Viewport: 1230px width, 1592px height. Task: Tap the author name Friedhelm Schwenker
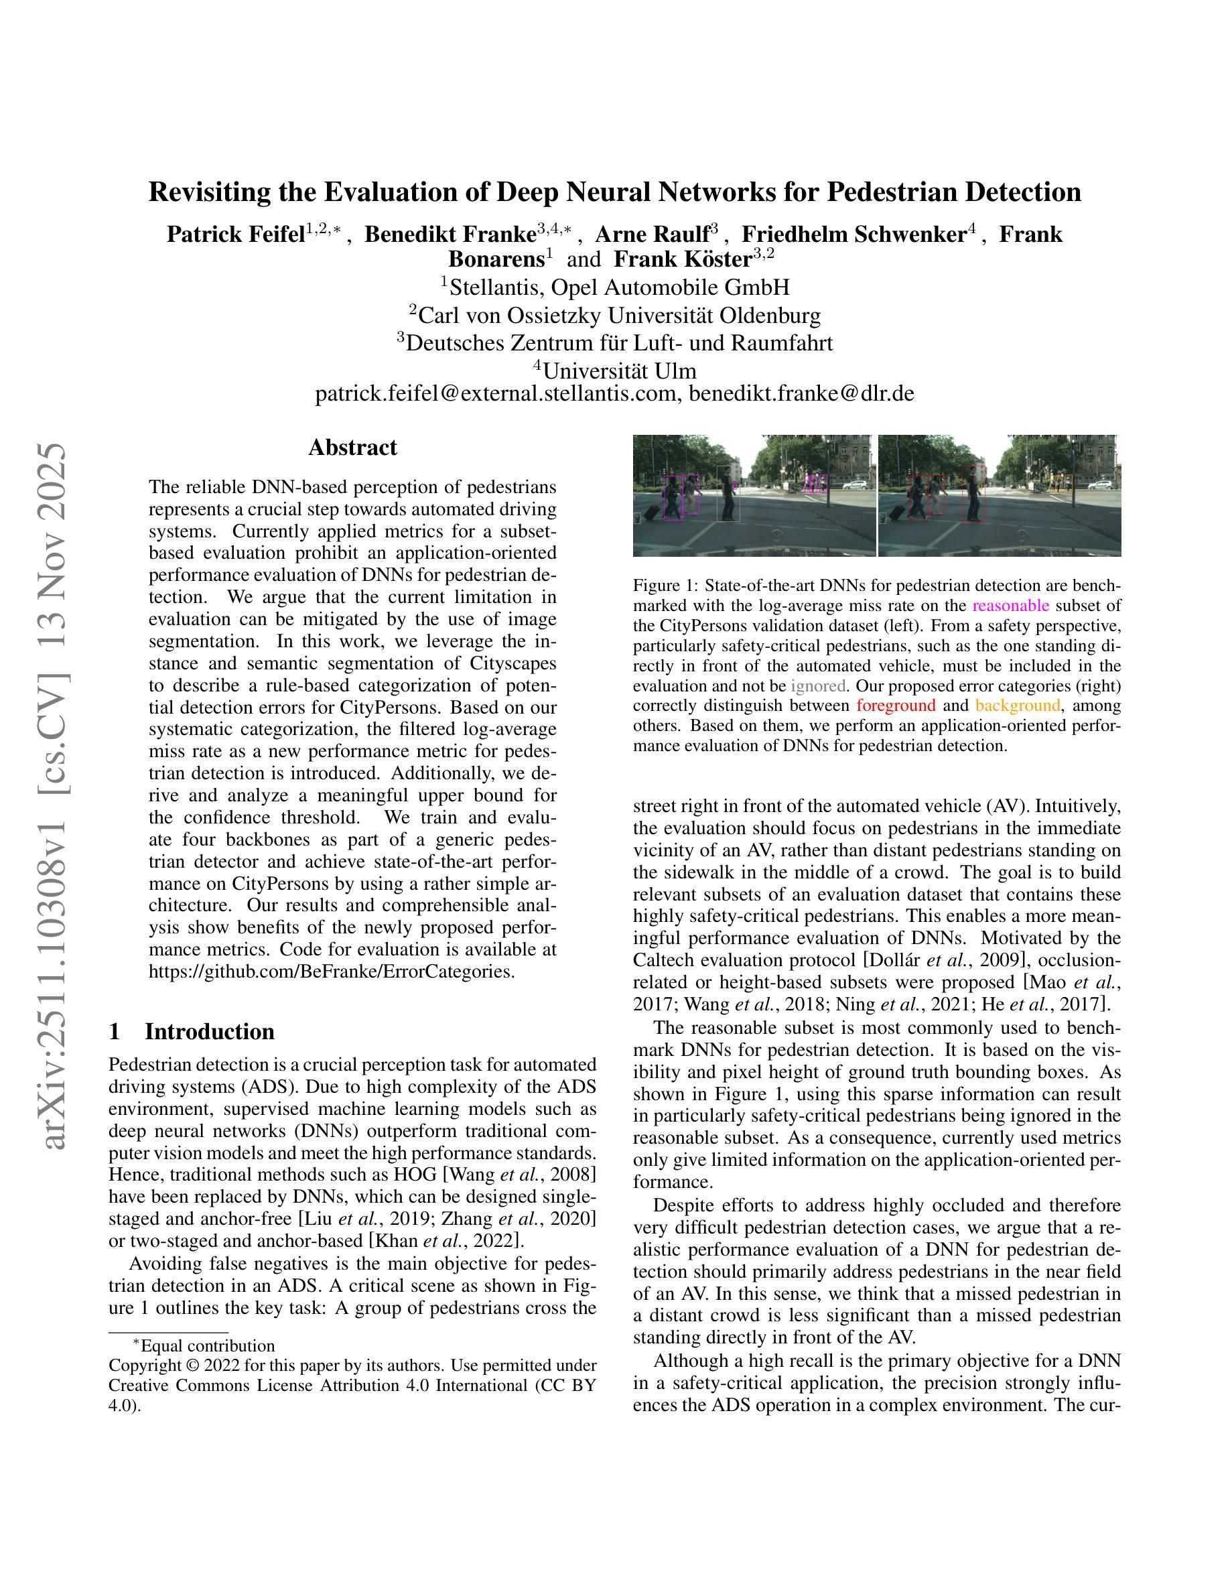click(853, 235)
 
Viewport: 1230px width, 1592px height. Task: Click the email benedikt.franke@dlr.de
click(801, 393)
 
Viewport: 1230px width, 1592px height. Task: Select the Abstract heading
click(352, 447)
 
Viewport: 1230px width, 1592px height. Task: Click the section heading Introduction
click(209, 1031)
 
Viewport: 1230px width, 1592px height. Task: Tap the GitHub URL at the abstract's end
click(332, 972)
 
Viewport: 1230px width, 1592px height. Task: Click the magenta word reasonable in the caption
click(1011, 606)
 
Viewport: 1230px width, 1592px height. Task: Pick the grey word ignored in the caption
click(817, 686)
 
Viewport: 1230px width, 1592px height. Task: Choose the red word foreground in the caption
click(896, 706)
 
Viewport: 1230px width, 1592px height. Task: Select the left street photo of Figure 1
click(754, 496)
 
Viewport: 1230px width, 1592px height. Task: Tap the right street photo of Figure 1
click(999, 496)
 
